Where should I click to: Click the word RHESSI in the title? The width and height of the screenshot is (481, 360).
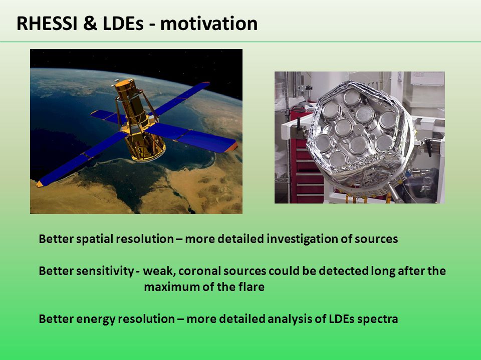(x=47, y=23)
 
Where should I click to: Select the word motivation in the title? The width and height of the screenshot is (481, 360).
(x=209, y=23)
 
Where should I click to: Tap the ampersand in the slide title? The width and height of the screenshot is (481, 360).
(x=90, y=23)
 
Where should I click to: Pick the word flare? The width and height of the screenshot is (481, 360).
(x=251, y=287)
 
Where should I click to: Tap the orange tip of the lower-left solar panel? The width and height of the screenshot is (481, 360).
(x=40, y=184)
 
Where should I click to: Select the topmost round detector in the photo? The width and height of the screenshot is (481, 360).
(x=352, y=98)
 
